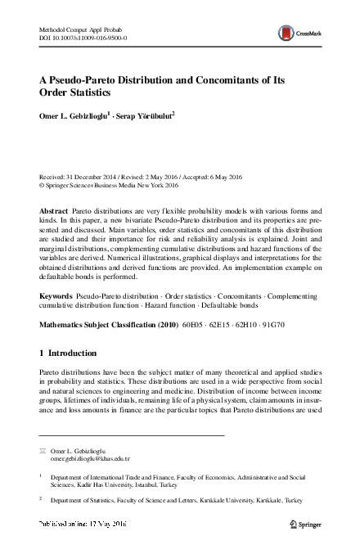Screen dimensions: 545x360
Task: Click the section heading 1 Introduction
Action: coord(68,354)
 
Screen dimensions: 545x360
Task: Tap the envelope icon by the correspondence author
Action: coord(43,451)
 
